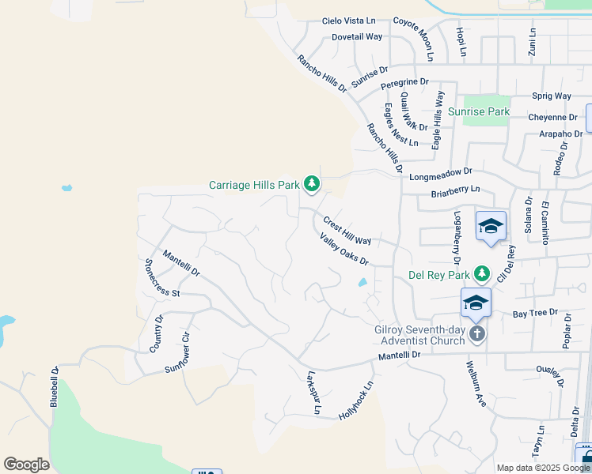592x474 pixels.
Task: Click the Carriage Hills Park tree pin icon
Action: tap(312, 185)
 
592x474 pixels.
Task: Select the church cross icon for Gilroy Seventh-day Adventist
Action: tap(476, 333)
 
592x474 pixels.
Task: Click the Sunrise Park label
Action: tap(478, 112)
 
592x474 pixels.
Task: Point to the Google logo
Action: tap(26, 465)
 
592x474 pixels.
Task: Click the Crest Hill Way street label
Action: tap(347, 229)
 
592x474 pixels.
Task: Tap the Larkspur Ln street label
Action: tap(313, 393)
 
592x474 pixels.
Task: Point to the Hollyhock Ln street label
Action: tap(355, 400)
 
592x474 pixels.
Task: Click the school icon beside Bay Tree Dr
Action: tap(476, 303)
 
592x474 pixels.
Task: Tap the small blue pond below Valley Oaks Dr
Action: tap(362, 282)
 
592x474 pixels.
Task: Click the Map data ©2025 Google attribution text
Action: tap(543, 468)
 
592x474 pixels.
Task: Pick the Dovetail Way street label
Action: tap(357, 36)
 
